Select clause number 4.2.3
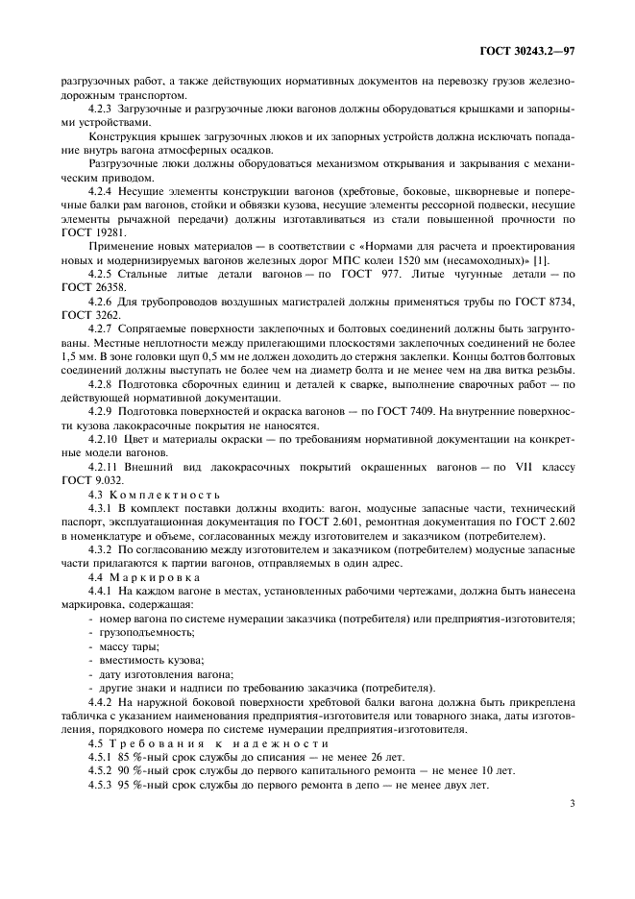click(103, 109)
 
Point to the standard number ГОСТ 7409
click(416, 412)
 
